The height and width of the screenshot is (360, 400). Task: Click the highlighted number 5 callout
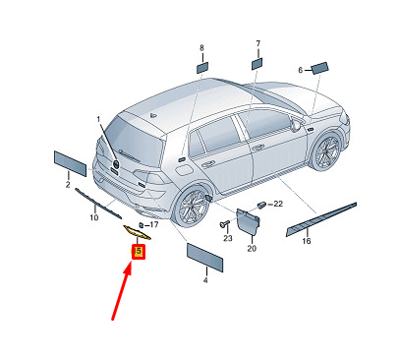[x=139, y=252]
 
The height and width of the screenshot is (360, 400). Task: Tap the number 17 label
[x=154, y=224]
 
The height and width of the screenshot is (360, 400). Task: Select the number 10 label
[x=94, y=217]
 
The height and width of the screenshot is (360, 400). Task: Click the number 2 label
[x=68, y=185]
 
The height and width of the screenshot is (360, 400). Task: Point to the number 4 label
[x=205, y=280]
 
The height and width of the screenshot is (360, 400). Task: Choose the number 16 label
[x=307, y=241]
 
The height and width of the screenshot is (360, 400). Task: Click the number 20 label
[x=252, y=249]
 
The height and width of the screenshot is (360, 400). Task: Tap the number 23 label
[x=228, y=238]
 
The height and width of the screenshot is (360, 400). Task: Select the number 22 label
[x=278, y=204]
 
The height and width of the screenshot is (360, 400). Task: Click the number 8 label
[x=201, y=48]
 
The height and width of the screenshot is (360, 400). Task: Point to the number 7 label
[x=258, y=43]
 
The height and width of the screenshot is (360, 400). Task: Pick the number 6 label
[x=301, y=70]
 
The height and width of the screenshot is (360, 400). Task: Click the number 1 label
[x=98, y=120]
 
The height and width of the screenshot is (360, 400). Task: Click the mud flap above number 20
[x=248, y=221]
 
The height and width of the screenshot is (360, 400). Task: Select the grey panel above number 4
[x=205, y=258]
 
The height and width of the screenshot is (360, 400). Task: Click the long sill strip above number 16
[x=321, y=219]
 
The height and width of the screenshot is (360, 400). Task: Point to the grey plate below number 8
[x=202, y=68]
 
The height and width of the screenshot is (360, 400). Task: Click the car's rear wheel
[x=191, y=206]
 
